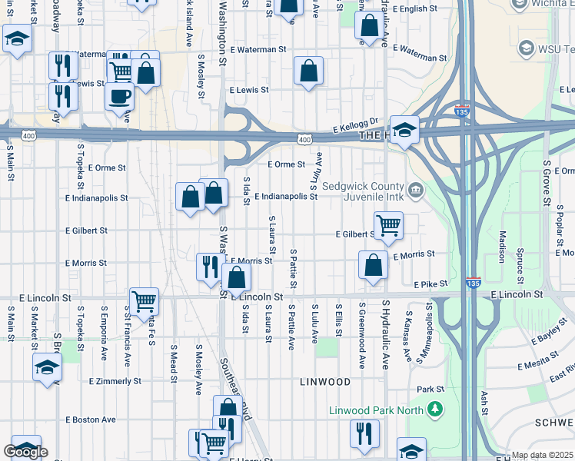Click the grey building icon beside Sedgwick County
click(x=415, y=189)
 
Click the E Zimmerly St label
click(x=115, y=381)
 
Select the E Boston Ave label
click(x=91, y=420)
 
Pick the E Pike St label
click(x=430, y=284)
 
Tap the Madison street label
click(x=502, y=245)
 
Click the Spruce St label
click(x=520, y=262)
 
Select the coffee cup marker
click(x=119, y=96)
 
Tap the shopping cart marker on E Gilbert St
click(x=388, y=226)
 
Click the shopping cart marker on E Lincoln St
click(x=144, y=301)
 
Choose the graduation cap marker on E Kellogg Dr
click(x=404, y=130)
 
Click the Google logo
click(x=25, y=452)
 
